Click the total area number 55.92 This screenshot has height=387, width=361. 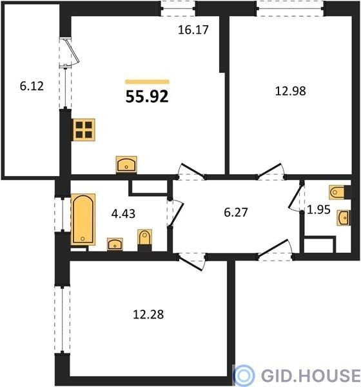[147, 97]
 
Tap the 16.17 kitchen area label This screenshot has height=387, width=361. [193, 30]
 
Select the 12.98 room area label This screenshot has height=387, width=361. [291, 91]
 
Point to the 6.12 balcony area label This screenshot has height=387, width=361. [32, 86]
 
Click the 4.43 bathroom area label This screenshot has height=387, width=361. [123, 213]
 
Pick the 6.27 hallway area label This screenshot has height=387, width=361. [236, 212]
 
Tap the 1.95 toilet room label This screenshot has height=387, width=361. [318, 210]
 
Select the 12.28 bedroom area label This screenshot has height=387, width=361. [148, 315]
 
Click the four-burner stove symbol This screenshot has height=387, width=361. [84, 130]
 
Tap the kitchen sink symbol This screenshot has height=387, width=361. [126, 164]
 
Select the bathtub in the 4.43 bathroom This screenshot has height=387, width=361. [83, 219]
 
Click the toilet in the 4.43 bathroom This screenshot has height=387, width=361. [144, 240]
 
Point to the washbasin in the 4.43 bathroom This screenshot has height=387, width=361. [115, 244]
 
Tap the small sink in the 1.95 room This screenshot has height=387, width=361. [344, 218]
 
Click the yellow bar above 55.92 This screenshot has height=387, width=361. [148, 82]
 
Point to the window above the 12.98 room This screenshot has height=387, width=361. [291, 8]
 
